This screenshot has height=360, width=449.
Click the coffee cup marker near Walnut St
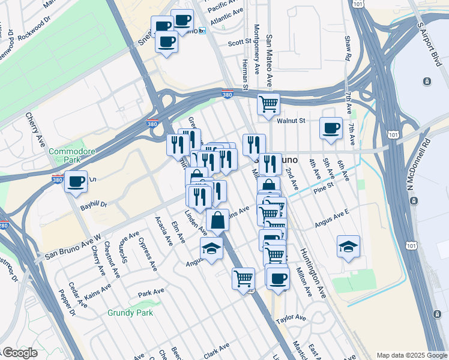coord(331,128)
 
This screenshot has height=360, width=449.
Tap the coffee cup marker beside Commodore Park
coord(76,181)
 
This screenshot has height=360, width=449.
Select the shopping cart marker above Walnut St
coord(269,104)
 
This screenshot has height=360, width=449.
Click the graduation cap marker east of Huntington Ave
coord(348,247)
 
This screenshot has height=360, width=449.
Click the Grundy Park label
coord(130,313)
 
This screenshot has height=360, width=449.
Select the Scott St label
coord(239,43)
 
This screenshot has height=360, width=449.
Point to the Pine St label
coord(322,190)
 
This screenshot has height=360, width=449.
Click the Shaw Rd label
coord(347,47)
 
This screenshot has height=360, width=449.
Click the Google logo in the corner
coord(20,353)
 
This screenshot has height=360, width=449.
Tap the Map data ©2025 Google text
coord(411,355)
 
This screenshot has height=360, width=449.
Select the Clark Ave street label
coord(216,351)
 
